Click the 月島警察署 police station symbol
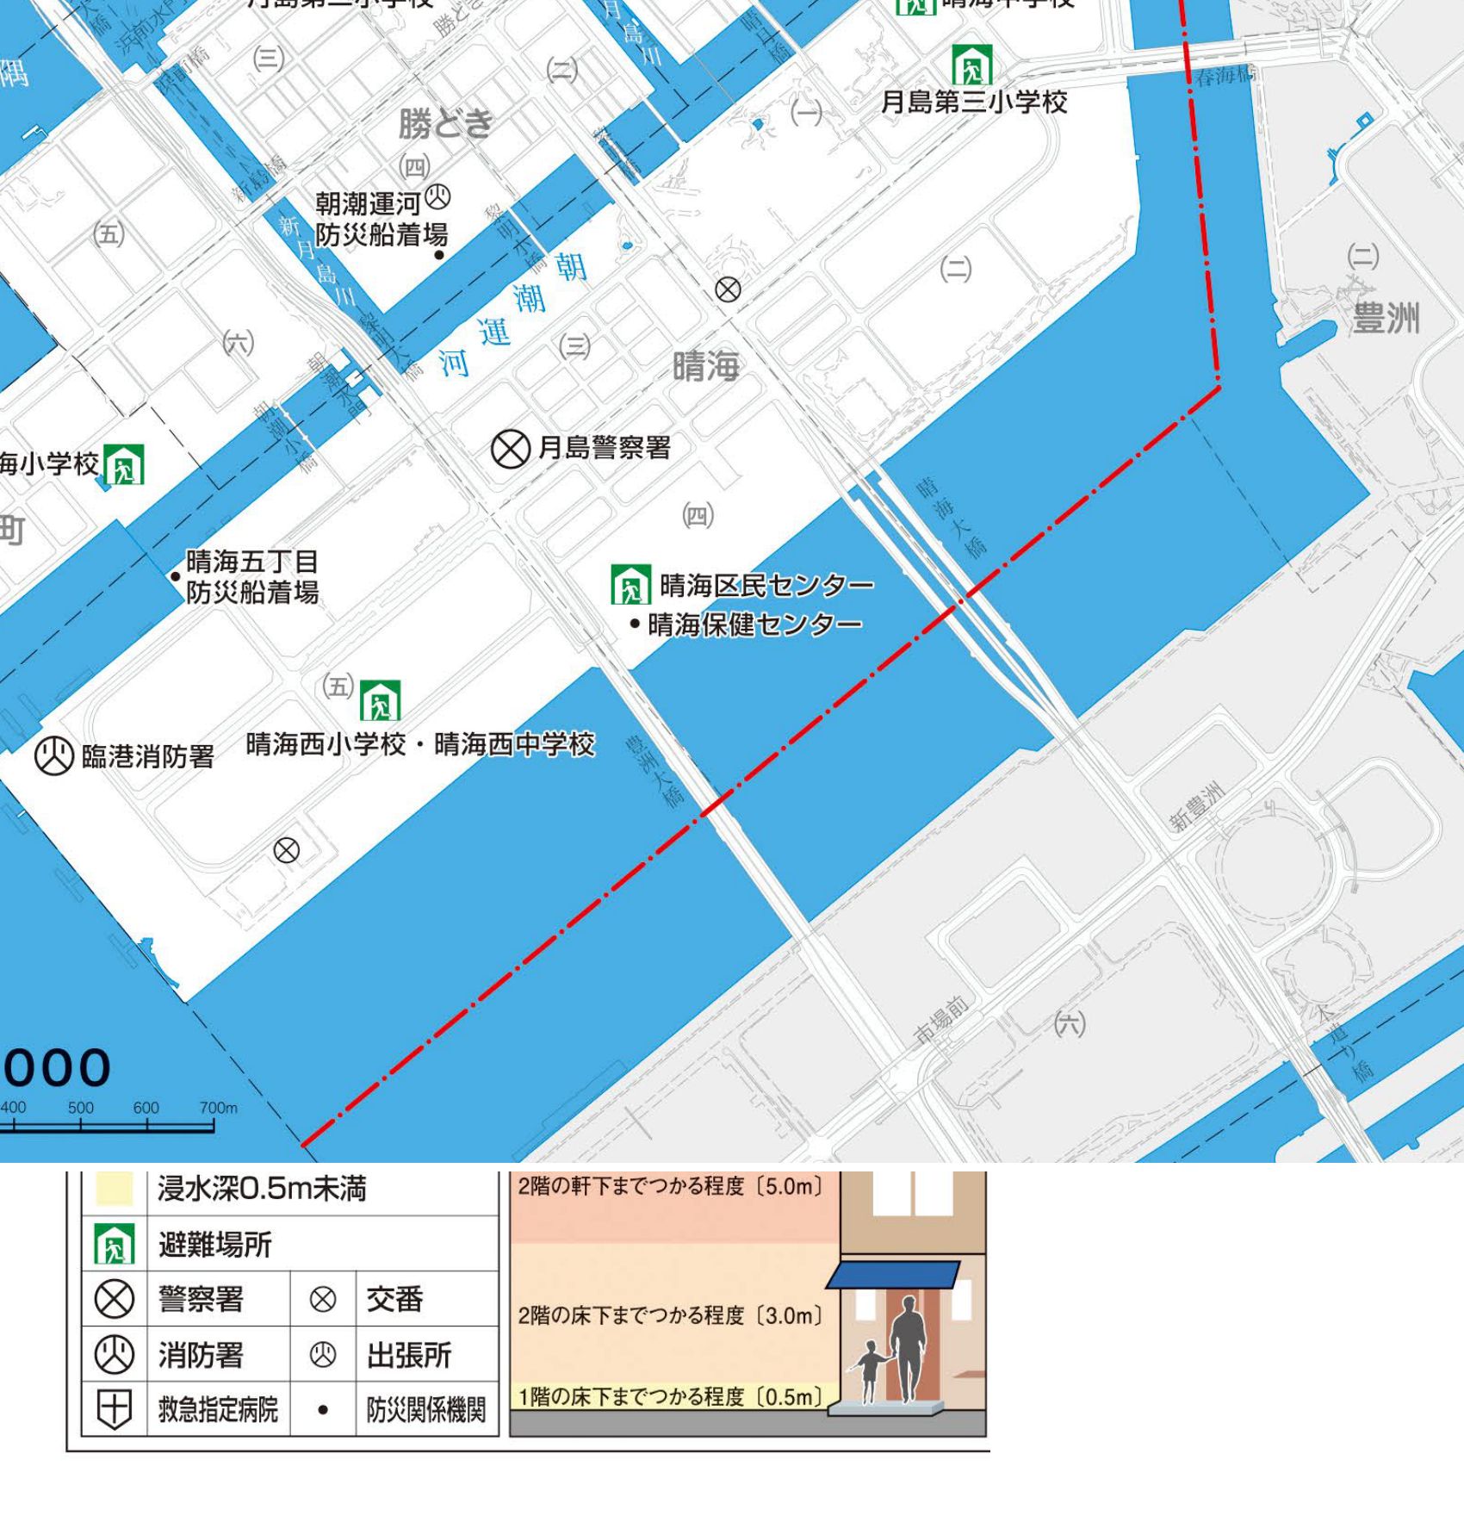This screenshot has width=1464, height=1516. tap(510, 449)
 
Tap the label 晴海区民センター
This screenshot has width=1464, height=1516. tap(766, 586)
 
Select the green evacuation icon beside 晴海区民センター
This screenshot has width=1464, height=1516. tap(630, 585)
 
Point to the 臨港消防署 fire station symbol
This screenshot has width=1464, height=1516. tap(53, 756)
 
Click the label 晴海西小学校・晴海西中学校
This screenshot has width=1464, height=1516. tap(420, 744)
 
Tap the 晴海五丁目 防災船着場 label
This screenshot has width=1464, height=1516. tap(252, 577)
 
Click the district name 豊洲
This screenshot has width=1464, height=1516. tap(1385, 318)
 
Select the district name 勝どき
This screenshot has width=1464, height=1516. tap(445, 124)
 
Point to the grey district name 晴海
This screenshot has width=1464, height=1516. tap(705, 367)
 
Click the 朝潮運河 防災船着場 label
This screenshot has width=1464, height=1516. tap(381, 220)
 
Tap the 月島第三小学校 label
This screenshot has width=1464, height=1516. tap(974, 103)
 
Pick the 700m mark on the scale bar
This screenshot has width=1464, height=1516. tap(218, 1109)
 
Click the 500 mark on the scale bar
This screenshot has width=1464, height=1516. tap(81, 1109)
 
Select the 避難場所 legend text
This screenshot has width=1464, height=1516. tap(214, 1245)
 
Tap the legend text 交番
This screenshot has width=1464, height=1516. tap(394, 1299)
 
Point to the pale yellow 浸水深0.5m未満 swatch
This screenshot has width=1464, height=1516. tap(114, 1189)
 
